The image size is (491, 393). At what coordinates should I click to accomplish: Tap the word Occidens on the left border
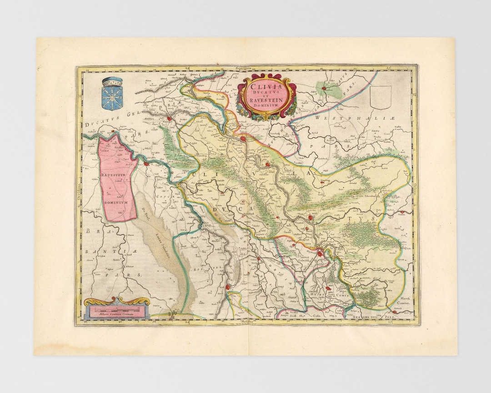pyautogui.click(x=79, y=193)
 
